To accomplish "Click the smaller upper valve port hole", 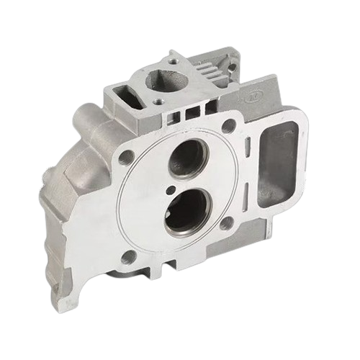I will pos(186,158).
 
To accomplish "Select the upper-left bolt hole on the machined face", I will pos(125,156).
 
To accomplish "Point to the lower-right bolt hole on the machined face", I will pos(226,223).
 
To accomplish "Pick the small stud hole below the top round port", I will pos(156,102).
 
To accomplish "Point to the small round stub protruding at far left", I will pos(48,174).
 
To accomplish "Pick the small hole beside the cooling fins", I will pos(232,68).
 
